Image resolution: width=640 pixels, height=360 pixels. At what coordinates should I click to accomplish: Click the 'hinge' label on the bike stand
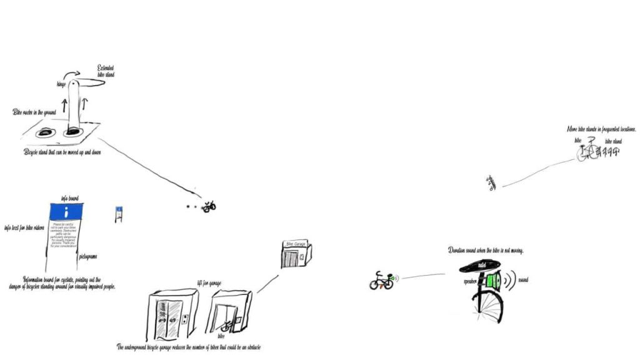[61, 84]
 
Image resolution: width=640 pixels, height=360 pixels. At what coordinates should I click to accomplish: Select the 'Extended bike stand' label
[106, 71]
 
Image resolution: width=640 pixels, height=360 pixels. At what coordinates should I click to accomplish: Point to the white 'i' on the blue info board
[67, 211]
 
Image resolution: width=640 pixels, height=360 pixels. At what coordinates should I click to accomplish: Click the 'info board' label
[69, 198]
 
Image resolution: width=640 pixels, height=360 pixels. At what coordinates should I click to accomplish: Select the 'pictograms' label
[88, 256]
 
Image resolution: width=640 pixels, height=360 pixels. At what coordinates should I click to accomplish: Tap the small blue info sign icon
[118, 214]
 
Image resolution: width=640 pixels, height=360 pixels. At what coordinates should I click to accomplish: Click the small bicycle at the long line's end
[209, 206]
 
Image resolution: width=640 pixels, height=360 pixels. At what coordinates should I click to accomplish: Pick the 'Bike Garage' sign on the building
[294, 244]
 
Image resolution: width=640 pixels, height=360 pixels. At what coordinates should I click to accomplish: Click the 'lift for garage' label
[209, 282]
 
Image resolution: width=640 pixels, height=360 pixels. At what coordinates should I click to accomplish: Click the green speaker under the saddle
[494, 281]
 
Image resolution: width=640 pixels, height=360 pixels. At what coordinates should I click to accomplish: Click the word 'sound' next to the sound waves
[523, 280]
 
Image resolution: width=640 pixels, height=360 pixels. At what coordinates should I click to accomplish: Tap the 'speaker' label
[471, 281]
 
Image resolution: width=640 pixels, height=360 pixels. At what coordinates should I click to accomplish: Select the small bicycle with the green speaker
[381, 281]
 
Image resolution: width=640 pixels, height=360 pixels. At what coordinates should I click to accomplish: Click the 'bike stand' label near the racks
[613, 142]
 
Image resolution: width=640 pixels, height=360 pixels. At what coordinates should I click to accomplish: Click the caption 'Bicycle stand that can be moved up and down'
[62, 152]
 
